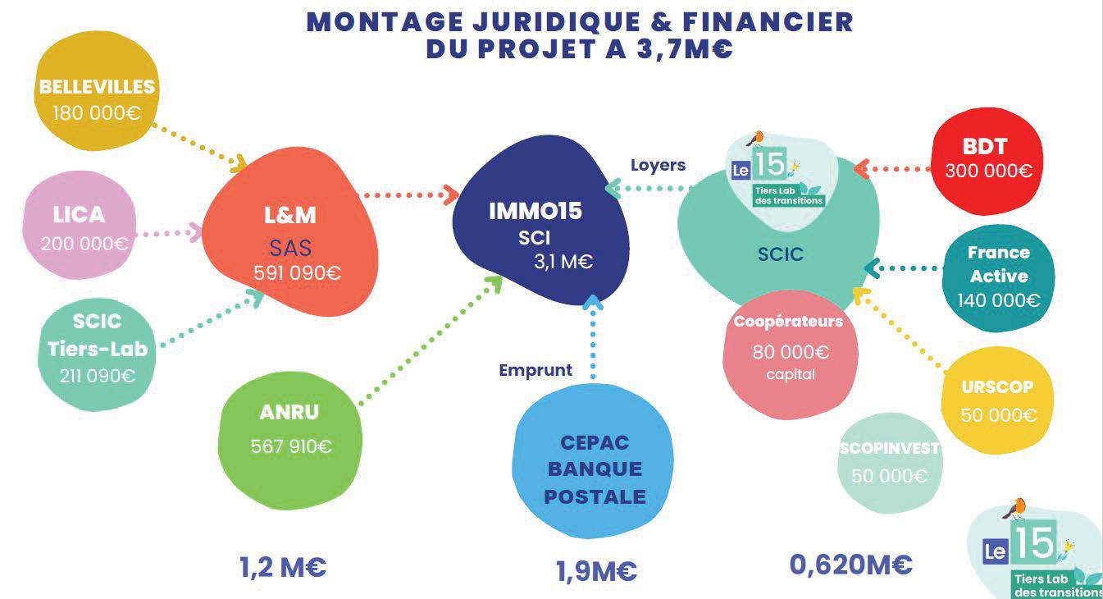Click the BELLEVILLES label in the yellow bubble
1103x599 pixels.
[x=97, y=87]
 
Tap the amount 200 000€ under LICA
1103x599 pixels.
[x=85, y=244]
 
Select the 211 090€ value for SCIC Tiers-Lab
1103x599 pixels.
[x=97, y=376]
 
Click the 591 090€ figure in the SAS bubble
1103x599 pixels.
[x=297, y=273]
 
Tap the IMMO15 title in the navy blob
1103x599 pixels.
[x=535, y=211]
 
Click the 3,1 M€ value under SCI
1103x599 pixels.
[x=563, y=263]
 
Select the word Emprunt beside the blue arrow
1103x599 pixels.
[x=536, y=370]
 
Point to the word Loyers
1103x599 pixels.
[x=658, y=165]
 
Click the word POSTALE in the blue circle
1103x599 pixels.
[x=595, y=496]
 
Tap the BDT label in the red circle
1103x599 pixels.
[x=985, y=147]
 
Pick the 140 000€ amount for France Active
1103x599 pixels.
[x=998, y=300]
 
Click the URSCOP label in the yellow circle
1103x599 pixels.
[x=997, y=386]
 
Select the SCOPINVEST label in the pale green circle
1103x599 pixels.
[x=889, y=449]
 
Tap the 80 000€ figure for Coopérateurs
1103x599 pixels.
[x=791, y=353]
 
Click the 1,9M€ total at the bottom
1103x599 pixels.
[x=596, y=571]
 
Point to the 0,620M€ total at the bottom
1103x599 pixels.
[x=850, y=565]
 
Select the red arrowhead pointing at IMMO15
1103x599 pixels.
[x=450, y=194]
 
